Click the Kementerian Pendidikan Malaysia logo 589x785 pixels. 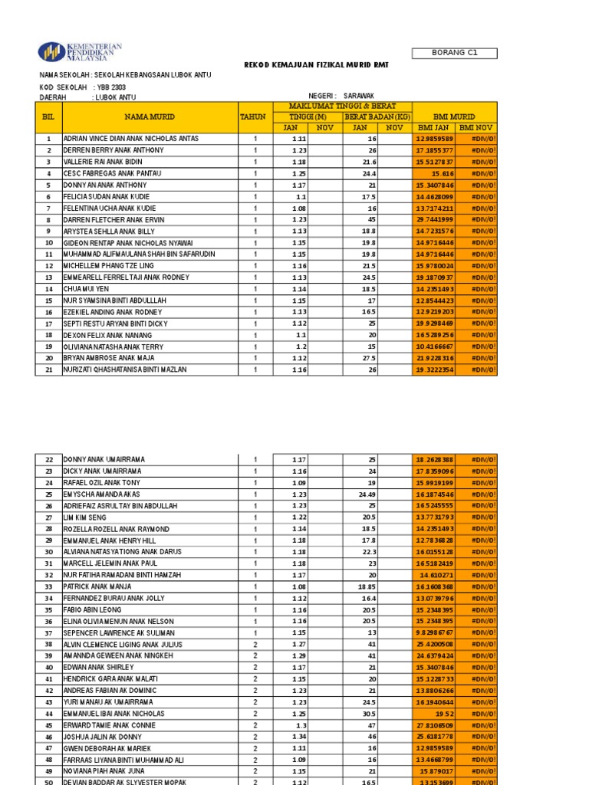(x=80, y=51)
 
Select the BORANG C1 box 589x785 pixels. (x=454, y=53)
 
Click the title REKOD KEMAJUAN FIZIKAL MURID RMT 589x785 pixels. (x=316, y=65)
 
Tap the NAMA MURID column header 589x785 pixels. (x=150, y=117)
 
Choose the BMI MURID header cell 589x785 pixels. (x=455, y=117)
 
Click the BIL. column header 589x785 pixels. (x=48, y=117)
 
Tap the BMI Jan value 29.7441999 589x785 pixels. (x=434, y=220)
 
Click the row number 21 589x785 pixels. (x=48, y=370)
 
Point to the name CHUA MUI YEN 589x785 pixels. (x=87, y=289)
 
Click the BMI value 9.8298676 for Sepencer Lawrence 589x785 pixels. (x=434, y=632)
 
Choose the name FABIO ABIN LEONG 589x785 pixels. (x=92, y=609)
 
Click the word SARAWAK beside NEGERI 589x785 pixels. (x=360, y=97)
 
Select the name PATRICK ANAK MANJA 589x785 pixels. (x=97, y=586)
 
